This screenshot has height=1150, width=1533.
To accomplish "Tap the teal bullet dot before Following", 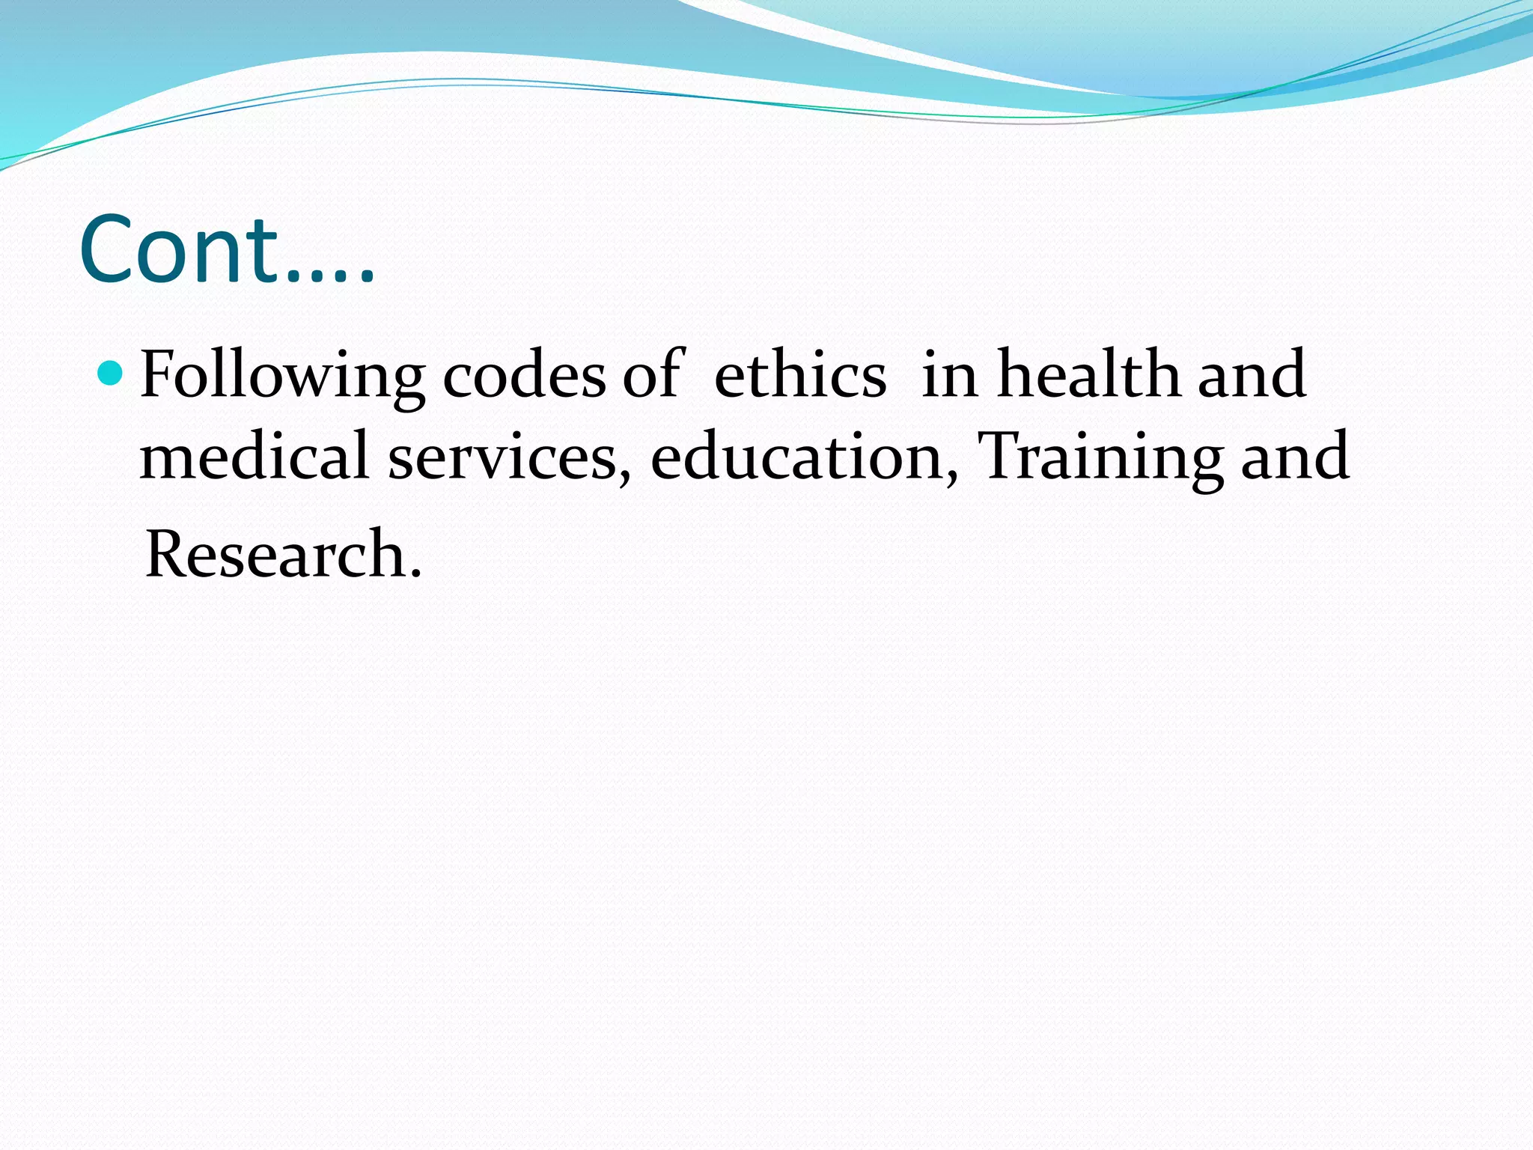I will (x=110, y=372).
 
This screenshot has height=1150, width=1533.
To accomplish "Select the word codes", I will (x=524, y=374).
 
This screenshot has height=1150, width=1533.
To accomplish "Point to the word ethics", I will (x=800, y=374).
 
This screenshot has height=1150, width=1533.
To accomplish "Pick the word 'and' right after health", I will (x=1252, y=374).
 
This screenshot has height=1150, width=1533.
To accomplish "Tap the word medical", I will (x=255, y=456).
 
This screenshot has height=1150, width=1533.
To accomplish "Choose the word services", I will (x=503, y=457).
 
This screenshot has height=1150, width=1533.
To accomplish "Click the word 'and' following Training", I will (x=1296, y=457).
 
